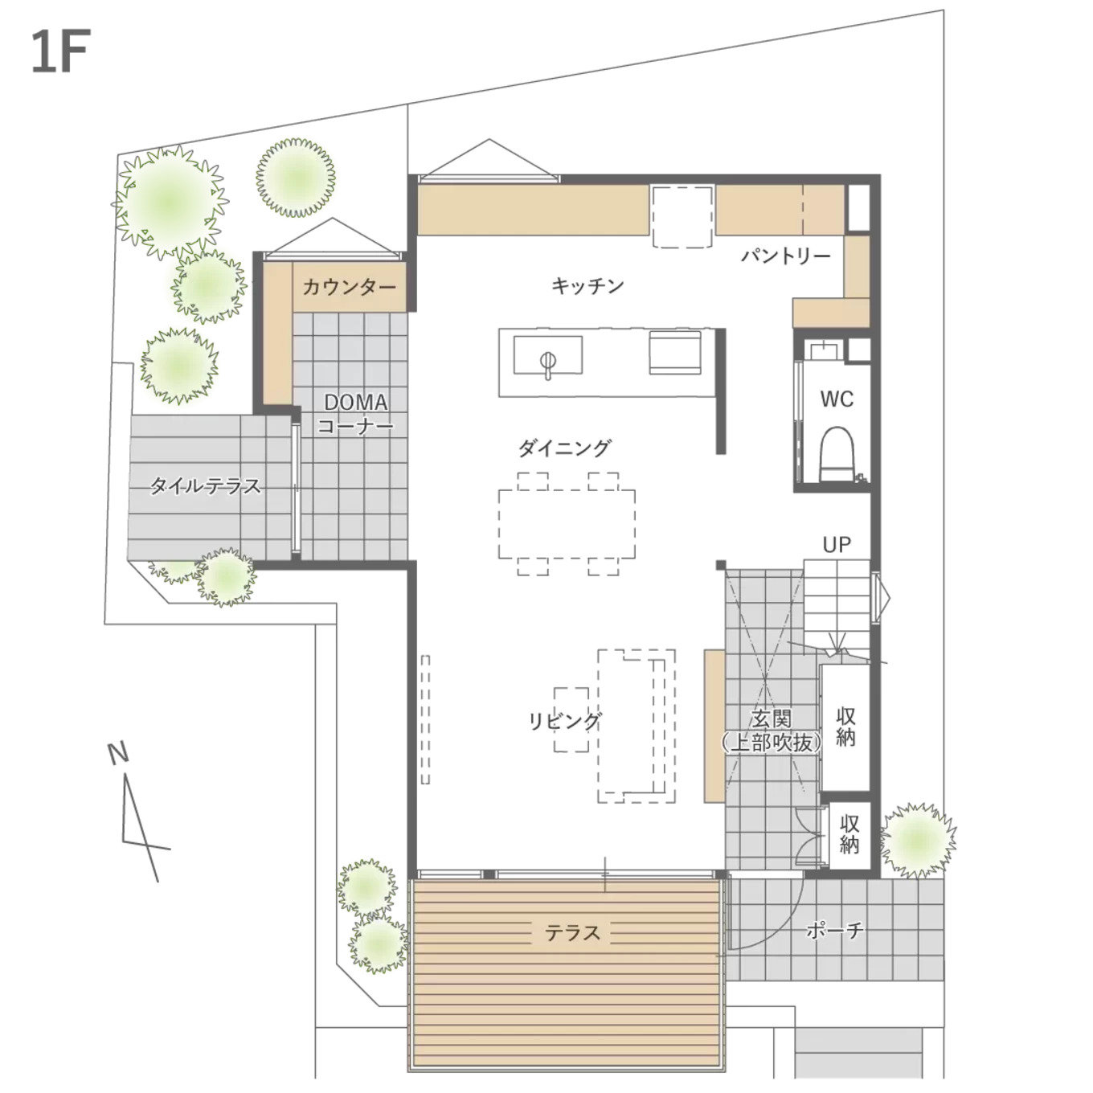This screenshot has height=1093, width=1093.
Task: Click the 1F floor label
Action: (x=61, y=51)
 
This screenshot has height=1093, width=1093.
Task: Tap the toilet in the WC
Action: (x=837, y=454)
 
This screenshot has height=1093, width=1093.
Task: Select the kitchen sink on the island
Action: (x=548, y=356)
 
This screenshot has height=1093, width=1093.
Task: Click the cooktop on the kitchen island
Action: (x=675, y=352)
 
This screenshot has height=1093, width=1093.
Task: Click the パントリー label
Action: (x=786, y=256)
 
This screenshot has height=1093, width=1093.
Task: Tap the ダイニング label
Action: (x=564, y=448)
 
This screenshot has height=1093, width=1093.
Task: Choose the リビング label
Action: (x=564, y=721)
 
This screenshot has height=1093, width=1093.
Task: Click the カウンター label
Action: (x=350, y=287)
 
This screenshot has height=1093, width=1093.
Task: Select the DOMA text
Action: (x=356, y=402)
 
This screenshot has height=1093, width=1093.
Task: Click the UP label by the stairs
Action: (x=837, y=545)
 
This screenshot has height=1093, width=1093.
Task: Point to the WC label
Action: (x=837, y=399)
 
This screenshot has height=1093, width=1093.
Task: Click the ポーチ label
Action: (x=835, y=929)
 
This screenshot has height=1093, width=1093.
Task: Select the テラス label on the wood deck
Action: (x=572, y=932)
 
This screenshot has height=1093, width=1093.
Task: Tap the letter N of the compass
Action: (x=119, y=754)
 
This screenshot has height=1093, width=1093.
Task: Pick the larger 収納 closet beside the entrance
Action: (x=845, y=727)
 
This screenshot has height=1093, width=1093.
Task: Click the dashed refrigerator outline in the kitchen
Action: (x=682, y=217)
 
